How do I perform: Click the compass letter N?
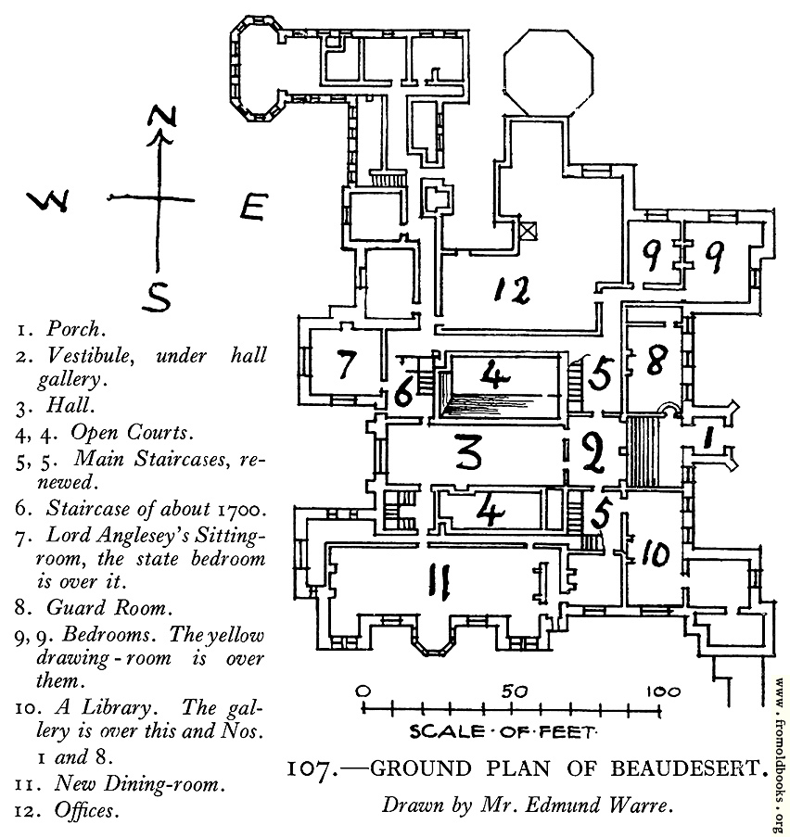(x=162, y=117)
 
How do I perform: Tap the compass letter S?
(x=157, y=297)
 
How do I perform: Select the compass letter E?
(x=252, y=207)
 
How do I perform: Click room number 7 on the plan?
(x=346, y=365)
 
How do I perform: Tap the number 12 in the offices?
(x=512, y=290)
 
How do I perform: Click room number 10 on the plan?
(x=656, y=553)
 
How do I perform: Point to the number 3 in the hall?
(x=469, y=452)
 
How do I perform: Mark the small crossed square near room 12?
(x=528, y=231)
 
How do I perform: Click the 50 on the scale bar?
(x=514, y=691)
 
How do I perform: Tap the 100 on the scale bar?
(x=663, y=691)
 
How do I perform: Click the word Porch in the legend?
(x=74, y=328)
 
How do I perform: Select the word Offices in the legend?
(x=84, y=810)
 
